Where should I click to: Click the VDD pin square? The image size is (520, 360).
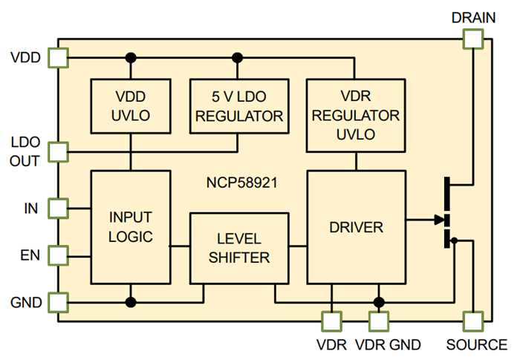(57, 57)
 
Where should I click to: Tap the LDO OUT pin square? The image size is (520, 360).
(57, 152)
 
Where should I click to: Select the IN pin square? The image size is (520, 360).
(57, 208)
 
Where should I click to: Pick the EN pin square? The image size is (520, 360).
(57, 256)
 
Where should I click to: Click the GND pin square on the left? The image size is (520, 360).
(57, 302)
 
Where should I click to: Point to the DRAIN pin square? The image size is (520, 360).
(472, 39)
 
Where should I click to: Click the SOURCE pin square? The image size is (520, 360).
(472, 321)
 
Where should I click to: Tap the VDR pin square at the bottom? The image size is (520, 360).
(331, 321)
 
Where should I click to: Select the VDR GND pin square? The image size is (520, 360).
(379, 321)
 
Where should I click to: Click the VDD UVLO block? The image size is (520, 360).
(131, 106)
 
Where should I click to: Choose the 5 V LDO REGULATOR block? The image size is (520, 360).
(238, 106)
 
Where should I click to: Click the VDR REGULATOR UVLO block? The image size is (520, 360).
(356, 115)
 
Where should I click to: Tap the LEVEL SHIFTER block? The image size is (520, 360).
(238, 248)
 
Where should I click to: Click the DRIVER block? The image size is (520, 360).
(357, 226)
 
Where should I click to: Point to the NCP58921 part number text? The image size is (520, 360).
(241, 180)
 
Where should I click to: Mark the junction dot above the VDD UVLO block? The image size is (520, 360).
(131, 57)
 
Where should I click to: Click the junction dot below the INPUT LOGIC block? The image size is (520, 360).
(131, 302)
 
